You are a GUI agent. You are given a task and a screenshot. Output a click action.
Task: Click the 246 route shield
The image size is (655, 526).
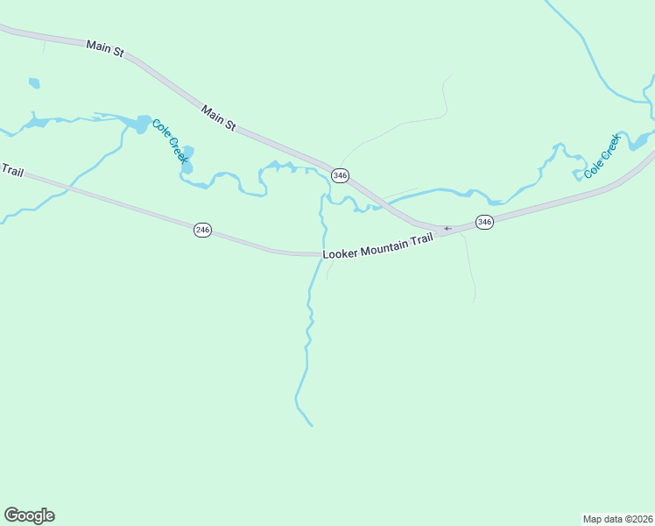[202, 230]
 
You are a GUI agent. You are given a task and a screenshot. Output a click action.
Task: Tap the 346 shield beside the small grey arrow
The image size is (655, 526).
[484, 222]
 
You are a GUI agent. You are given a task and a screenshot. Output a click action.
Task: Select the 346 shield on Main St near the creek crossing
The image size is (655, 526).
[341, 175]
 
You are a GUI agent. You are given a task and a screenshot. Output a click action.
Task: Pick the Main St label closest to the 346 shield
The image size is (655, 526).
[219, 118]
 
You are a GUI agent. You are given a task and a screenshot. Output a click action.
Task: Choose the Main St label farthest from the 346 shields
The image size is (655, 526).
[104, 47]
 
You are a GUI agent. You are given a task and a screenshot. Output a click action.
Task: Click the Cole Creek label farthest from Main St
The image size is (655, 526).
[602, 156]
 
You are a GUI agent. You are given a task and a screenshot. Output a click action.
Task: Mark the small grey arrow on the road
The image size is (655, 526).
[447, 229]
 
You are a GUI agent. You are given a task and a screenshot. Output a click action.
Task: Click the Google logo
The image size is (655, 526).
[29, 515]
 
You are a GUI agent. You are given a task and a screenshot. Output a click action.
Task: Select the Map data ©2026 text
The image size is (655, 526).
[617, 519]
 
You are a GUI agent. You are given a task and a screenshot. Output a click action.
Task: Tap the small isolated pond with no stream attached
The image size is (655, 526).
[34, 84]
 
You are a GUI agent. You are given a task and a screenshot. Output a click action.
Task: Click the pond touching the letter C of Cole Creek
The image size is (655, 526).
[142, 124]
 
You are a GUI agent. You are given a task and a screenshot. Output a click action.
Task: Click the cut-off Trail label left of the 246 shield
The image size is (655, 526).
[11, 169]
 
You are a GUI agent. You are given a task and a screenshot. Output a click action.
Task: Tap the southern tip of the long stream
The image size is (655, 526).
[312, 426]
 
